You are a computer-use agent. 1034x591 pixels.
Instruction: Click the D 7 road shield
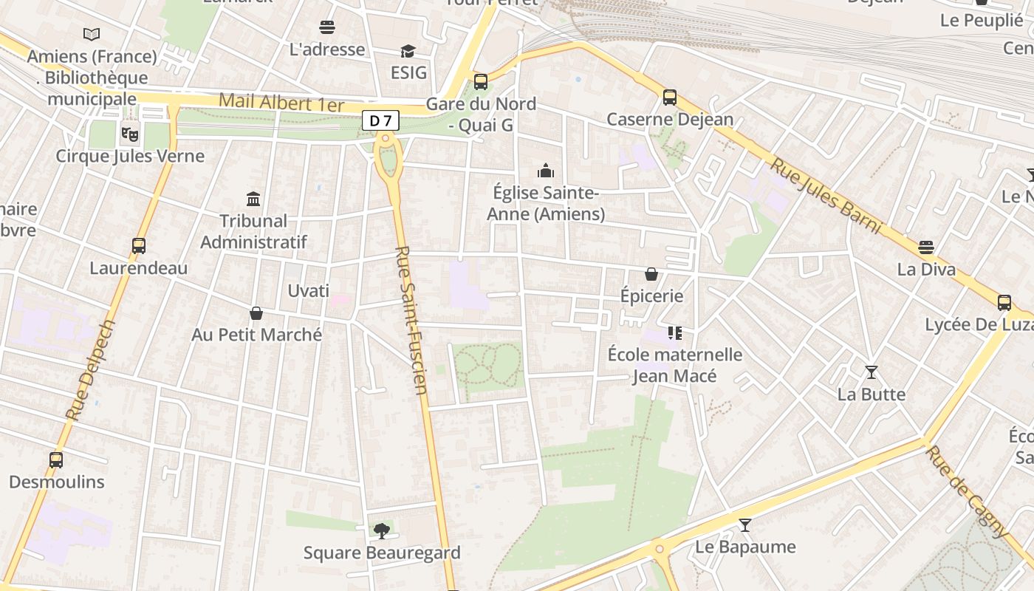pyautogui.click(x=380, y=120)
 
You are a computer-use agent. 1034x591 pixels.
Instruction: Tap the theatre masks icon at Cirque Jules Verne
pyautogui.click(x=130, y=134)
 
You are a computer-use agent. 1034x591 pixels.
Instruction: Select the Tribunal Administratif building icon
pyautogui.click(x=253, y=199)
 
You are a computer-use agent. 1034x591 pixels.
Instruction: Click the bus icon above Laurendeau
pyautogui.click(x=139, y=246)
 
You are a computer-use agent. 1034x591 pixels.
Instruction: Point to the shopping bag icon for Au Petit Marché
pyautogui.click(x=256, y=313)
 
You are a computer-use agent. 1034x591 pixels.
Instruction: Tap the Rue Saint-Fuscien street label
pyautogui.click(x=412, y=320)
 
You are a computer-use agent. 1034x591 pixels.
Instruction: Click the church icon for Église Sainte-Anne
pyautogui.click(x=546, y=171)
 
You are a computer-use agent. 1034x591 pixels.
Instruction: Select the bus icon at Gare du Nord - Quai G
pyautogui.click(x=481, y=82)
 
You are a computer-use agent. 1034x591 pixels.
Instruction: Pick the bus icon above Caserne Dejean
pyautogui.click(x=670, y=97)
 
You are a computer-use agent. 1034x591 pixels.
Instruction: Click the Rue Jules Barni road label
pyautogui.click(x=826, y=196)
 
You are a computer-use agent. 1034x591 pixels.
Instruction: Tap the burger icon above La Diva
pyautogui.click(x=926, y=247)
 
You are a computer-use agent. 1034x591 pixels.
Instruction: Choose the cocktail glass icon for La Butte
pyautogui.click(x=872, y=372)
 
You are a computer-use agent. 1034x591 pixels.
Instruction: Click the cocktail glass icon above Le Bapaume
pyautogui.click(x=745, y=525)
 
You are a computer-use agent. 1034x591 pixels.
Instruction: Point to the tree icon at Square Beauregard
pyautogui.click(x=382, y=530)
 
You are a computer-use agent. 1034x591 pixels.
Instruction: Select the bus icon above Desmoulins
pyautogui.click(x=56, y=460)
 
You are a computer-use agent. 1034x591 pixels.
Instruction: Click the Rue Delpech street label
pyautogui.click(x=91, y=370)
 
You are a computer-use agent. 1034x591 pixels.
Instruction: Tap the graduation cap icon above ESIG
pyautogui.click(x=408, y=51)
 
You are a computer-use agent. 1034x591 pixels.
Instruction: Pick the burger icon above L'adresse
pyautogui.click(x=327, y=27)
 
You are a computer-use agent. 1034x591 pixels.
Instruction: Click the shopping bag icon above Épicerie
pyautogui.click(x=651, y=274)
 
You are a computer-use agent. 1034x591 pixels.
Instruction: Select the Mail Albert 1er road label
pyautogui.click(x=281, y=103)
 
